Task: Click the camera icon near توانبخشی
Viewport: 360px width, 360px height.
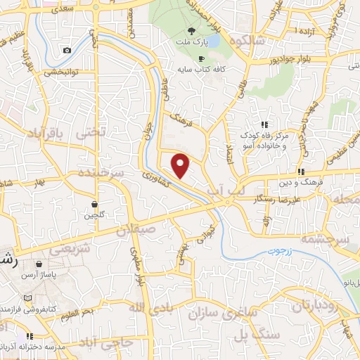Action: [67, 50]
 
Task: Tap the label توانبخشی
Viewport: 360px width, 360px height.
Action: [63, 71]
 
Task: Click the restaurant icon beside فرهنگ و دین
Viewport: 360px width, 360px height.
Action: [301, 172]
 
